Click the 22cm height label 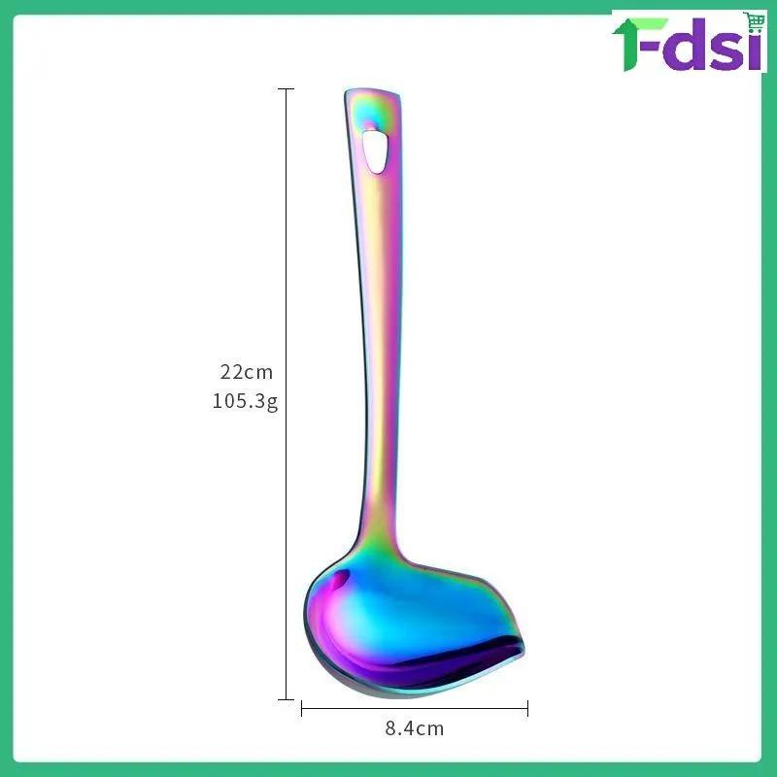(247, 372)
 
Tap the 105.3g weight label (245, 401)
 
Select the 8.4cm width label (415, 728)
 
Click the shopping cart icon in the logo (754, 22)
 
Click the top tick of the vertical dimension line (286, 89)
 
